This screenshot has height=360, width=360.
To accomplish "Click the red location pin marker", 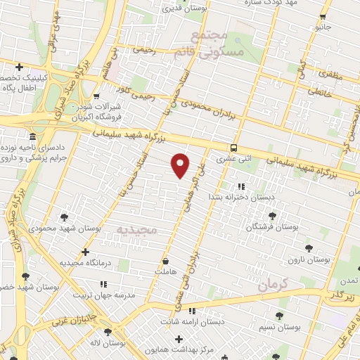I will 181,165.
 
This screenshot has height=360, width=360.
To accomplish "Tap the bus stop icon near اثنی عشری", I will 233,148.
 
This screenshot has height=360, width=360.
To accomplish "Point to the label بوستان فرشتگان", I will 271,227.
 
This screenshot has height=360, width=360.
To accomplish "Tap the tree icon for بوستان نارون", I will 309,248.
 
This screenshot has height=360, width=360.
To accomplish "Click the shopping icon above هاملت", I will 165,260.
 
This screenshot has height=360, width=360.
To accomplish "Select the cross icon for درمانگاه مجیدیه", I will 85,251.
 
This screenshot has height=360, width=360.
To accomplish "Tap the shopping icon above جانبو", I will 322,17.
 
